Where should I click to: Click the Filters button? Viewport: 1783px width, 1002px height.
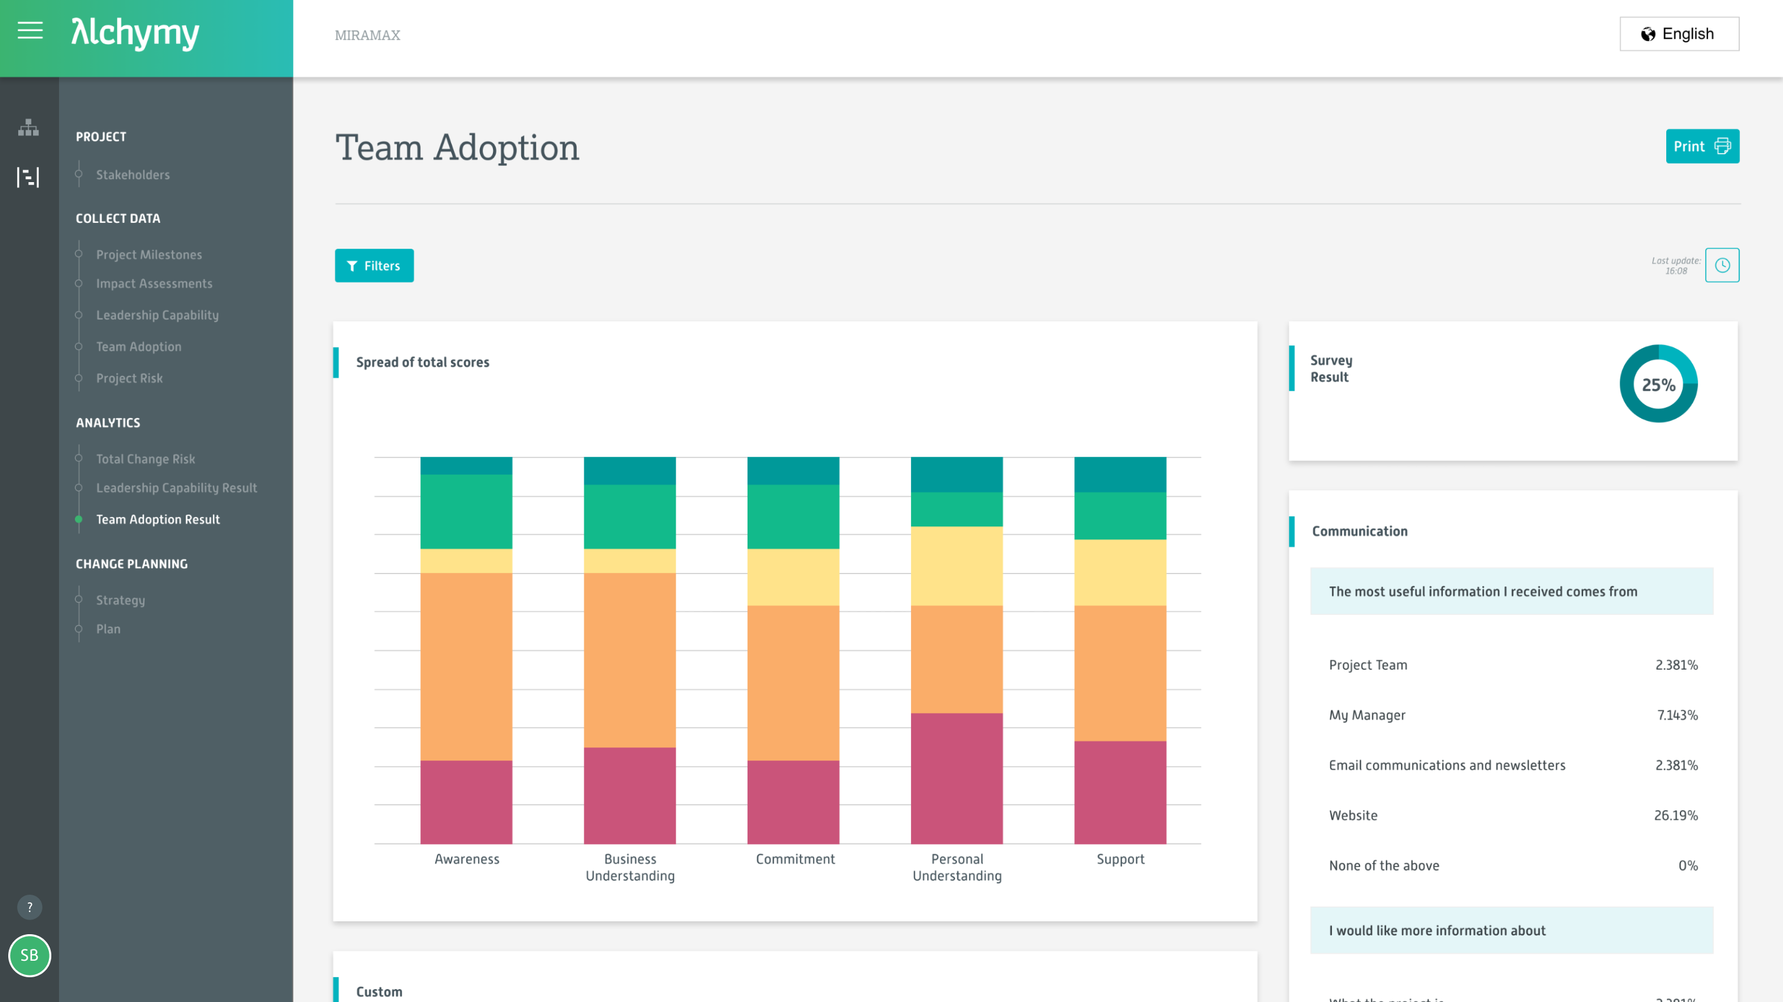click(374, 266)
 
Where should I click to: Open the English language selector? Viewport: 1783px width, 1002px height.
click(1679, 34)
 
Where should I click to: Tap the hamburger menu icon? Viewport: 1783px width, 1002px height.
click(29, 31)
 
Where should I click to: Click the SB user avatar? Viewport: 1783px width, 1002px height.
click(29, 955)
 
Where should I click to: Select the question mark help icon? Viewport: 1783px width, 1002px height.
click(29, 907)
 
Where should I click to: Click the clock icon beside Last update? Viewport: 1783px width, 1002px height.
click(1722, 265)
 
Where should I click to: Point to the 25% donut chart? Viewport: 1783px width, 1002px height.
click(1658, 384)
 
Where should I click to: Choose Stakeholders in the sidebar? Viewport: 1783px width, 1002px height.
click(132, 175)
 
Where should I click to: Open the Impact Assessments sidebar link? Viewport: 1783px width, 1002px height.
click(154, 284)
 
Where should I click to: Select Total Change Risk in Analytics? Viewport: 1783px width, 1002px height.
click(146, 459)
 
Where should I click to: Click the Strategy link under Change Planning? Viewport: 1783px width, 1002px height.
click(120, 600)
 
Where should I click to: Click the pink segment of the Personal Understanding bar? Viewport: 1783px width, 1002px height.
click(956, 778)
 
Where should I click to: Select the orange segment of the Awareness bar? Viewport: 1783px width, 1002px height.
click(466, 665)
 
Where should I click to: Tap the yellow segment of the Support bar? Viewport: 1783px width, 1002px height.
click(1119, 572)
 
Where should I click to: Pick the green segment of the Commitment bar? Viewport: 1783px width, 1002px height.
click(792, 516)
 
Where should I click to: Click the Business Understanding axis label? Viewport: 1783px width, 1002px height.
click(630, 867)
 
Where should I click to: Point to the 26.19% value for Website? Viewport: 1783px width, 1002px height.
click(1675, 815)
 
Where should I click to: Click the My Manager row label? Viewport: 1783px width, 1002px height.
click(1366, 715)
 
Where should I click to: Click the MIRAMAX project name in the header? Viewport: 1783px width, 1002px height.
click(367, 35)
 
